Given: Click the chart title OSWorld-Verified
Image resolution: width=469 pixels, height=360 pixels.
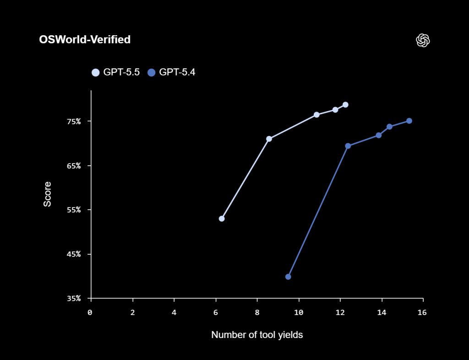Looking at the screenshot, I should click(x=85, y=40).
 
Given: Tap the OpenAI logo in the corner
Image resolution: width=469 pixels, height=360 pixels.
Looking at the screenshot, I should click(x=423, y=40).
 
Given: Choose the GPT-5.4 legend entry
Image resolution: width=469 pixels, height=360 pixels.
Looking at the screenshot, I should click(x=171, y=72).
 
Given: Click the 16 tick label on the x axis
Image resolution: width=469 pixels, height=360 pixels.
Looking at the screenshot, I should click(x=422, y=312).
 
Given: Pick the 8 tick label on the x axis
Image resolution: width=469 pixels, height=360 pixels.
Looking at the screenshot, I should click(x=257, y=312).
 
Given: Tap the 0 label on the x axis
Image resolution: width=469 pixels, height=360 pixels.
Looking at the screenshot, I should click(x=90, y=312).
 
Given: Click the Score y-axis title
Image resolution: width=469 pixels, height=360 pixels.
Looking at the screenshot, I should click(x=48, y=194).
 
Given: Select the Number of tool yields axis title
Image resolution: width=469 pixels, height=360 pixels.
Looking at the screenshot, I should click(x=257, y=335).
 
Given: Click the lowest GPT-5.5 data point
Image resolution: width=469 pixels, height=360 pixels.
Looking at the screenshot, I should click(x=222, y=218).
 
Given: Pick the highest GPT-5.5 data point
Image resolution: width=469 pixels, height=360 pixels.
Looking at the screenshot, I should click(x=345, y=105).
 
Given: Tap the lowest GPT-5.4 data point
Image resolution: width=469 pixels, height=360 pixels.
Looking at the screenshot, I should click(x=288, y=277).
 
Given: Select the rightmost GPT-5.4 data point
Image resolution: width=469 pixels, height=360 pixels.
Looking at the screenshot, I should click(x=409, y=121).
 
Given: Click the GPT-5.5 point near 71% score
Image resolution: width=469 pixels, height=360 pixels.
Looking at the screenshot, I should click(x=269, y=139).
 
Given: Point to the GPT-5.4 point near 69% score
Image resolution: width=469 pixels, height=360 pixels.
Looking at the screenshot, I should click(x=348, y=146).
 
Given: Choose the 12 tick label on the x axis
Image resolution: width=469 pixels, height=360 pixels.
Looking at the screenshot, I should click(x=340, y=312).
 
